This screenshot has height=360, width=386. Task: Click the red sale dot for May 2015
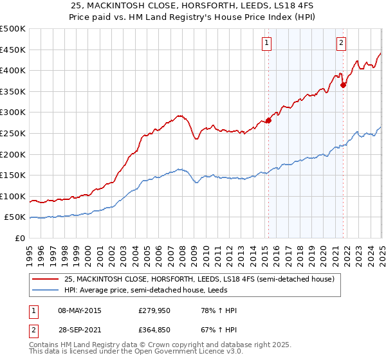[268, 120]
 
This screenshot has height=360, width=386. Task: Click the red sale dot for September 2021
[343, 84]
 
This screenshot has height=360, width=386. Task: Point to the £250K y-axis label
[13, 133]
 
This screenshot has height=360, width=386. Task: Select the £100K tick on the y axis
[13, 196]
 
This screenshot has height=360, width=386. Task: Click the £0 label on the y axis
[19, 238]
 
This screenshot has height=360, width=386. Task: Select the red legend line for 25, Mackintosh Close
[45, 280]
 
